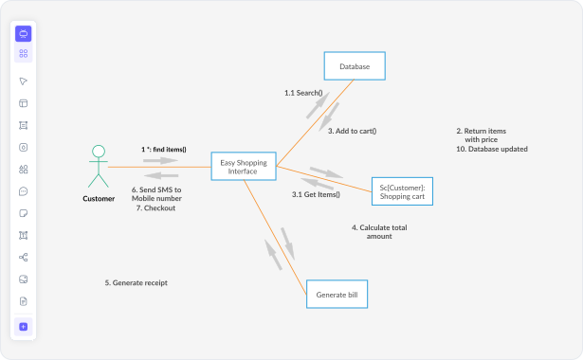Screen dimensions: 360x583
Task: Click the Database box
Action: [x=355, y=65]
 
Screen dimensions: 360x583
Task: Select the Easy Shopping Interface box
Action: [x=244, y=167]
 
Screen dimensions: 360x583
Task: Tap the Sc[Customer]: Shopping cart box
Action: [x=401, y=191]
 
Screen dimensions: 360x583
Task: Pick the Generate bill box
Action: [x=337, y=296]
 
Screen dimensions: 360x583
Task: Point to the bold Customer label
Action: [x=99, y=199]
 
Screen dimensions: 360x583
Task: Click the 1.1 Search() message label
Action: [x=303, y=93]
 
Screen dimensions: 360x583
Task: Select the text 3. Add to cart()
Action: [x=352, y=131]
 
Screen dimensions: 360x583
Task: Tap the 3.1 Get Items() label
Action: [x=315, y=194]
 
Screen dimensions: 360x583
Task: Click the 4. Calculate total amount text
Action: [x=378, y=231]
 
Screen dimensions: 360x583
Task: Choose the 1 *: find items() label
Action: [x=164, y=150]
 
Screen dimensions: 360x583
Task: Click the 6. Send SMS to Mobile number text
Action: [x=156, y=194]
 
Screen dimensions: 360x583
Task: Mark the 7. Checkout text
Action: [x=154, y=208]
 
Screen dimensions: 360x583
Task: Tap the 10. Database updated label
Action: [x=491, y=149]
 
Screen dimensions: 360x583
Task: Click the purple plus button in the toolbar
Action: [x=24, y=327]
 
